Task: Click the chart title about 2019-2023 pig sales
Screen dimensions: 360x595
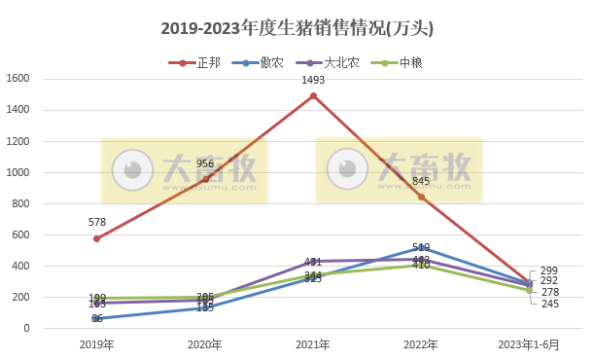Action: (x=297, y=28)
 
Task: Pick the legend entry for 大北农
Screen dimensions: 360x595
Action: (x=339, y=62)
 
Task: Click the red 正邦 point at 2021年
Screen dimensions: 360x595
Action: (x=313, y=96)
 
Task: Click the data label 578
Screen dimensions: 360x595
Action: (x=96, y=224)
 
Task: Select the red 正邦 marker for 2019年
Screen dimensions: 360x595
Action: (x=96, y=238)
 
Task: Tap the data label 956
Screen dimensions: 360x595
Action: (x=205, y=164)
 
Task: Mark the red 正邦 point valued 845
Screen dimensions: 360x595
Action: (x=421, y=197)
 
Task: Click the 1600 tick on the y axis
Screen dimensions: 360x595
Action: (x=18, y=80)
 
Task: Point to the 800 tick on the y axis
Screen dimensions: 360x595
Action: (x=21, y=204)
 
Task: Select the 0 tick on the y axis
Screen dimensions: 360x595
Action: (x=28, y=329)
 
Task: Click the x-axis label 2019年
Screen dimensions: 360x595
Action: (x=96, y=344)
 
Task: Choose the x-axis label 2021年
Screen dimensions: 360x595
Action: (x=313, y=344)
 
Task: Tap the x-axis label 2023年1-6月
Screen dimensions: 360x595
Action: (x=529, y=344)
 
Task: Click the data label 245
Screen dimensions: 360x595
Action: (x=550, y=304)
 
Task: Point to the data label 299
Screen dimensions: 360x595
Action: (x=550, y=270)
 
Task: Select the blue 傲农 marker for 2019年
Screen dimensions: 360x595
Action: (x=96, y=319)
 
